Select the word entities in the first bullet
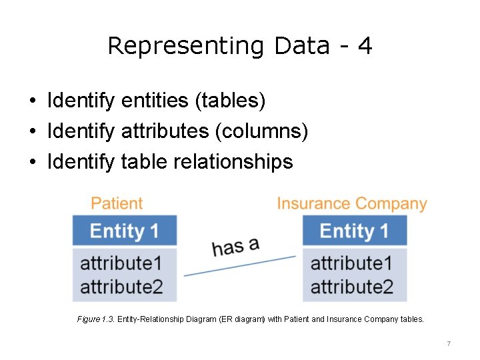(x=155, y=101)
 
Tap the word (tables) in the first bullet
(x=230, y=101)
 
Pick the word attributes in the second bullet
(x=165, y=131)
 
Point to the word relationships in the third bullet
(x=233, y=161)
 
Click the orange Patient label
(x=117, y=203)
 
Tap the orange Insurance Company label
(x=352, y=203)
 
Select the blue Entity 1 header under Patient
(x=125, y=231)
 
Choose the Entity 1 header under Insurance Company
(x=354, y=231)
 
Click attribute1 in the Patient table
(x=121, y=262)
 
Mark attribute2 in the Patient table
(x=121, y=287)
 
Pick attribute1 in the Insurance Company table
(x=351, y=262)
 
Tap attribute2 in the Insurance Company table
(x=351, y=287)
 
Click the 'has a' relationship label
(x=235, y=246)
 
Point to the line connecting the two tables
(x=240, y=265)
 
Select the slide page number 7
(x=449, y=343)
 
